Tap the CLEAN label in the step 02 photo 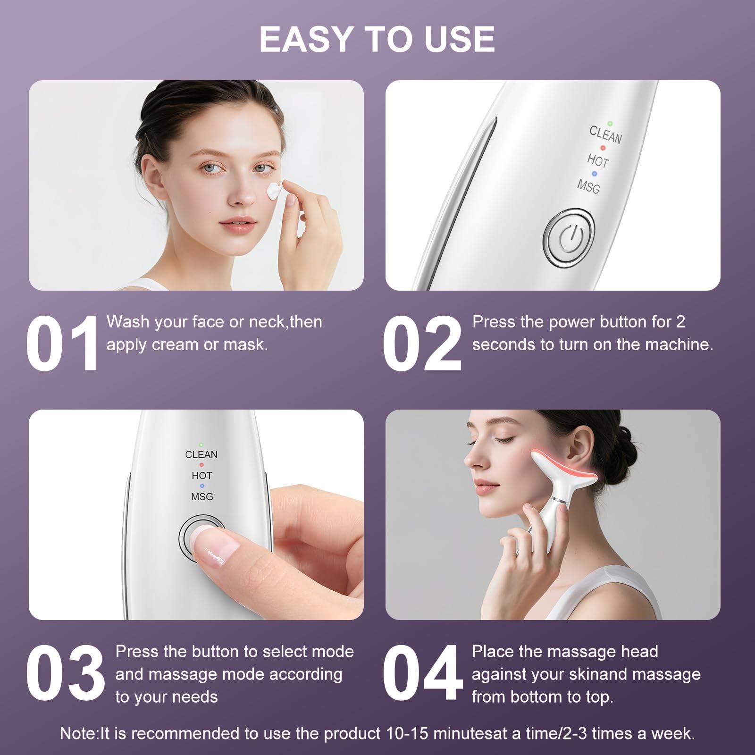pyautogui.click(x=605, y=135)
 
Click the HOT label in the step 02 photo pyautogui.click(x=598, y=160)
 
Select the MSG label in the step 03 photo pyautogui.click(x=202, y=496)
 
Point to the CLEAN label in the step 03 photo pyautogui.click(x=201, y=454)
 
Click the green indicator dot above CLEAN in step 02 pyautogui.click(x=610, y=123)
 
